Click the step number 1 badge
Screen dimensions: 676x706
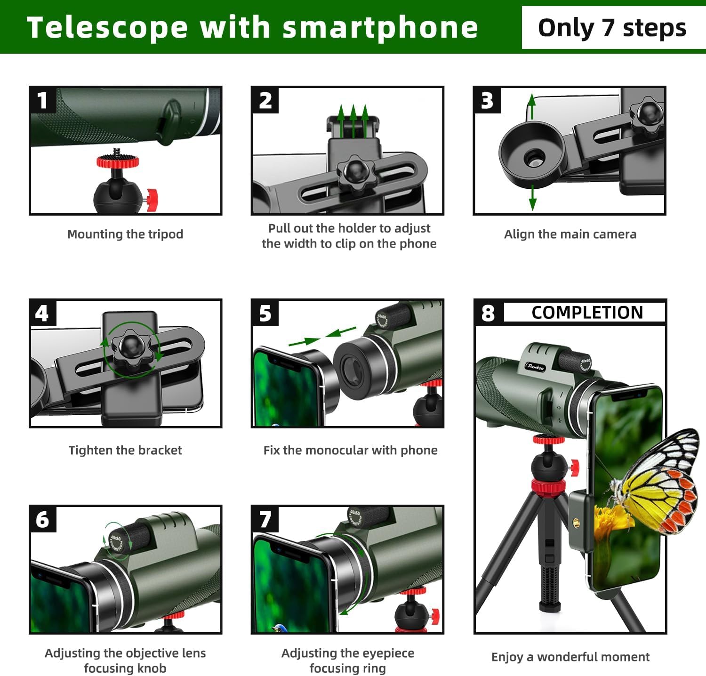[43, 100]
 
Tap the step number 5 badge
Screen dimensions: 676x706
[265, 313]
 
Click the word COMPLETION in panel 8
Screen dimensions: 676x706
[587, 313]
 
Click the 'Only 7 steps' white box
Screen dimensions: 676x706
[612, 28]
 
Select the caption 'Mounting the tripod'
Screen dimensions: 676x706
[125, 234]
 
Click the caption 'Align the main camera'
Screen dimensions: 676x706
[570, 234]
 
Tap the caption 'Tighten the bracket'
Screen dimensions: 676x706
[125, 450]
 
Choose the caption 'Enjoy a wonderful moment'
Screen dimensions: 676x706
[570, 657]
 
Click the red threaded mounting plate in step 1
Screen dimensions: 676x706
[118, 161]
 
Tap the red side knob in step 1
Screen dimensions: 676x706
[152, 200]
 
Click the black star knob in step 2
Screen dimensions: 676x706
[356, 174]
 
